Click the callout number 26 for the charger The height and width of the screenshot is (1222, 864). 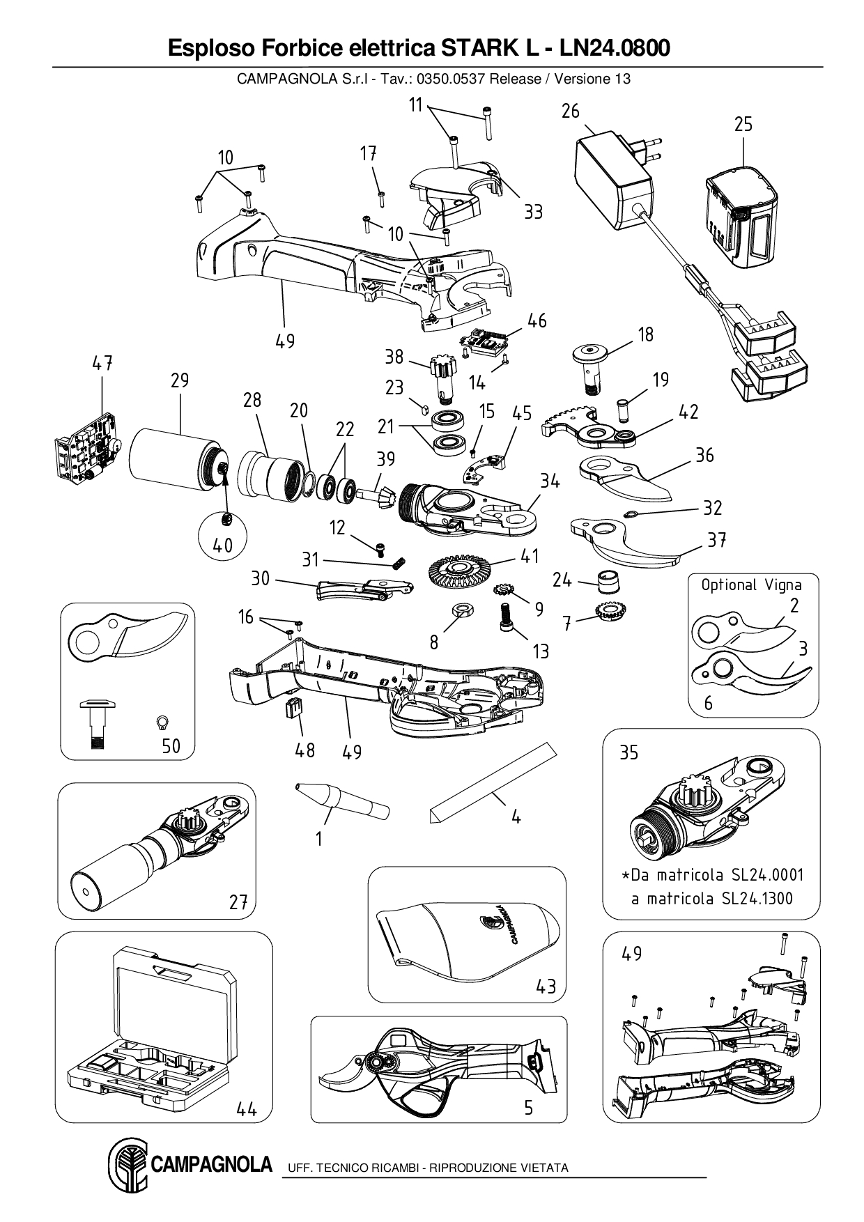coord(570,111)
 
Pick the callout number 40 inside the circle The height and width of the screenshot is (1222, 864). coord(223,545)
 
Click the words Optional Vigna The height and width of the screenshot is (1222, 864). coord(751,585)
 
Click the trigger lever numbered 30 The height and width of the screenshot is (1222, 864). coord(362,589)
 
